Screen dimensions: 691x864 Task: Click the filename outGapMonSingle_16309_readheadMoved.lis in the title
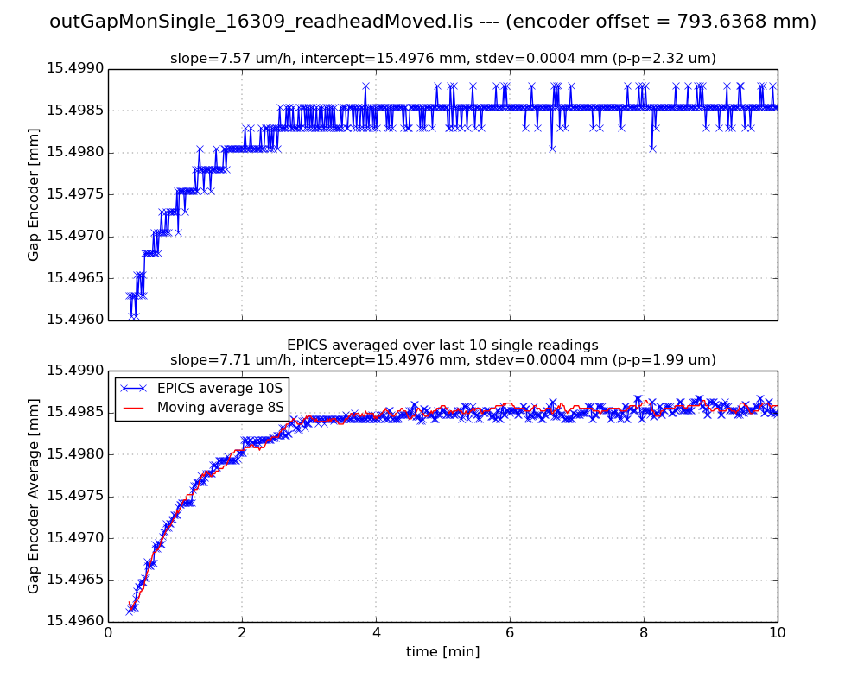pos(261,22)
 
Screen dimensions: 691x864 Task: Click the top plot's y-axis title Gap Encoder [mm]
pos(34,194)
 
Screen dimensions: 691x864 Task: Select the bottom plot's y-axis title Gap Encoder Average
pos(34,496)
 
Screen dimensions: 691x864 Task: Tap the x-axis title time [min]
pos(442,652)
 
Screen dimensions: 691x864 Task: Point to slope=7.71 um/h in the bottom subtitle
pos(220,360)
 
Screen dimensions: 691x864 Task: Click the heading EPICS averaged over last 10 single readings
pos(442,345)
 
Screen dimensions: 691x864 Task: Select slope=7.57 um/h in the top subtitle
pos(220,59)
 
